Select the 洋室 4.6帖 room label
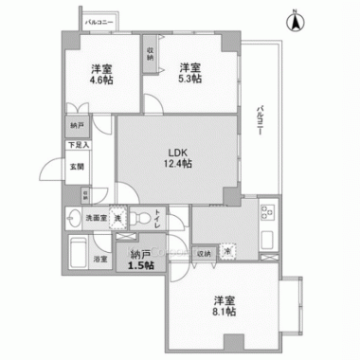tap(98, 74)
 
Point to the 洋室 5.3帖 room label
tap(190, 74)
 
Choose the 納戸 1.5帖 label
tap(141, 260)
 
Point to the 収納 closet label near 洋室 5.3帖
tap(151, 55)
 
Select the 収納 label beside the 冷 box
tap(205, 254)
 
